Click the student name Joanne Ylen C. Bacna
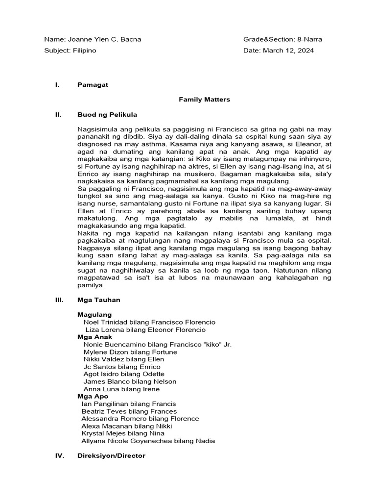point(104,39)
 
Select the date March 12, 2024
point(288,50)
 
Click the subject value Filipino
point(85,50)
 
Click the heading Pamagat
point(93,85)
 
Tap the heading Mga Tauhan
point(98,300)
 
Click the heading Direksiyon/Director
point(111,455)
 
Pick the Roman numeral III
point(58,300)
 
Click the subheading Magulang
point(94,314)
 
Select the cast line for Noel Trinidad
point(149,322)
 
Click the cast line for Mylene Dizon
point(130,352)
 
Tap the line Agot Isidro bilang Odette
point(124,374)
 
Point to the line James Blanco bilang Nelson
point(130,381)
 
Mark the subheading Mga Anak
point(94,337)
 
